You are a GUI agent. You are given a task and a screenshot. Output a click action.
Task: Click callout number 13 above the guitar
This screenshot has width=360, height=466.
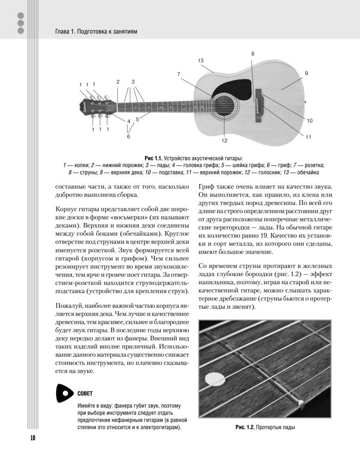[x=200, y=61]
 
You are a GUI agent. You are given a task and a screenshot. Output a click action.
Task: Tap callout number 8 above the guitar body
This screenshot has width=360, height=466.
[x=252, y=54]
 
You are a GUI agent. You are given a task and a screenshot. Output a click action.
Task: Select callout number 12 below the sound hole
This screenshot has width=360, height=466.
[x=224, y=141]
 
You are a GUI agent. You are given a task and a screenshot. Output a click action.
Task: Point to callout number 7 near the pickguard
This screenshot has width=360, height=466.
[x=179, y=74]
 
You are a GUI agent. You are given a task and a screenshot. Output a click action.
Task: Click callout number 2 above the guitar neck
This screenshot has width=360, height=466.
[x=117, y=82]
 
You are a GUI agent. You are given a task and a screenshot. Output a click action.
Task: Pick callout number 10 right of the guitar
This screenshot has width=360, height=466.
[x=310, y=121]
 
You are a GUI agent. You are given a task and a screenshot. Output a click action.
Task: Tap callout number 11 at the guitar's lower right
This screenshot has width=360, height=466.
[x=308, y=137]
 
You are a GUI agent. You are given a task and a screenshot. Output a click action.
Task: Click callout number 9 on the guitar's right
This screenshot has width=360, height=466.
[x=306, y=73]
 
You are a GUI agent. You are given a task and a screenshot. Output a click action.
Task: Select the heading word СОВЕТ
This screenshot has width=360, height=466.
[x=85, y=394]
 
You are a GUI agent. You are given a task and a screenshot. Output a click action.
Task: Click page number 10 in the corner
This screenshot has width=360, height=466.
[x=32, y=438]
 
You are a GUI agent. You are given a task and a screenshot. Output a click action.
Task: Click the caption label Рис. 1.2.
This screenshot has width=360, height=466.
[x=245, y=428]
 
